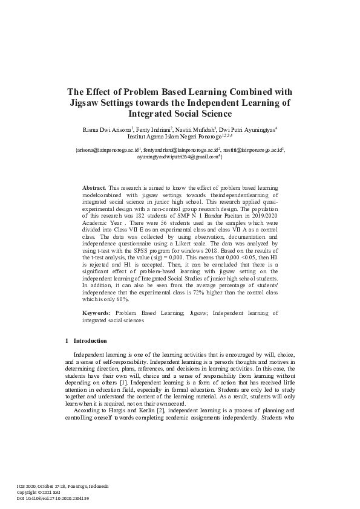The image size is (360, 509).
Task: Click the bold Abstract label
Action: click(x=94, y=189)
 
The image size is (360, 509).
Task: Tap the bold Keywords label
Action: click(x=96, y=313)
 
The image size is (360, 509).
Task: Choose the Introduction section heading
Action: click(x=90, y=341)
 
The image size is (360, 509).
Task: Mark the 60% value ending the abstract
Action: click(x=139, y=299)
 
